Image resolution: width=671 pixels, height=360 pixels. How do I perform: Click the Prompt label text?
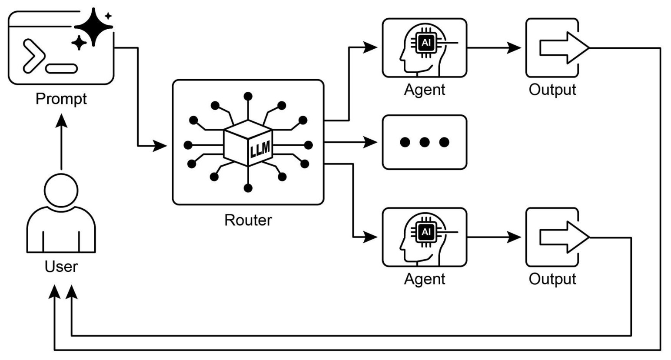[x=61, y=99]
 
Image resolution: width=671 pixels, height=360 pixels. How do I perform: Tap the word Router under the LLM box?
[x=248, y=220]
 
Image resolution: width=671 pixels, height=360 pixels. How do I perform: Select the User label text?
[x=61, y=266]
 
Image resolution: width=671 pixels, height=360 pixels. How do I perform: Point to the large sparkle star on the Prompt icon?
[x=93, y=27]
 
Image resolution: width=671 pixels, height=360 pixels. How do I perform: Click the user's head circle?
[x=61, y=190]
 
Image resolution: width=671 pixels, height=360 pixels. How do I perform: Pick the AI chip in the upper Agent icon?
[x=426, y=43]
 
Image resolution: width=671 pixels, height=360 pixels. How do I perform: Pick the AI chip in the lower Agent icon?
[x=426, y=232]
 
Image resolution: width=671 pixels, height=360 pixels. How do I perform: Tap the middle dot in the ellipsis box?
[x=425, y=142]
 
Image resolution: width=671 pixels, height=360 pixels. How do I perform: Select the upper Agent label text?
[x=425, y=90]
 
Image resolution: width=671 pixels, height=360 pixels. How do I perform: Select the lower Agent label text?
[x=425, y=279]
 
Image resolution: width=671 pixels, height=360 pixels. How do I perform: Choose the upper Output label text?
[x=552, y=90]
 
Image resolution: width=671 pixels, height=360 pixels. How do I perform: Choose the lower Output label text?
[x=552, y=279]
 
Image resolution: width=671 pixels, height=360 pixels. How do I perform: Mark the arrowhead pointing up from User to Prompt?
[x=61, y=120]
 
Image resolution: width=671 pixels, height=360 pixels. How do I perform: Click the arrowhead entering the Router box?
[x=160, y=146]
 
